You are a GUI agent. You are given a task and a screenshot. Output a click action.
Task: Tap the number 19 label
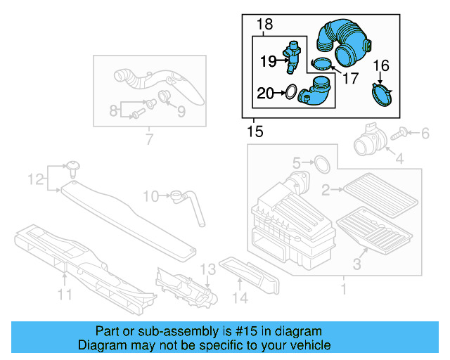[x=269, y=62]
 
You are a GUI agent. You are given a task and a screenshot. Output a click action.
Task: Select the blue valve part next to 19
[x=293, y=56]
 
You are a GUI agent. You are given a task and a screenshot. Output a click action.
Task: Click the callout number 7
[x=148, y=140]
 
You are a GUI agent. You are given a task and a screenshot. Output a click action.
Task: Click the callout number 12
[x=35, y=181]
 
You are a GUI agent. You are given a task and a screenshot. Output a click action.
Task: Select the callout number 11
[x=65, y=295]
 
